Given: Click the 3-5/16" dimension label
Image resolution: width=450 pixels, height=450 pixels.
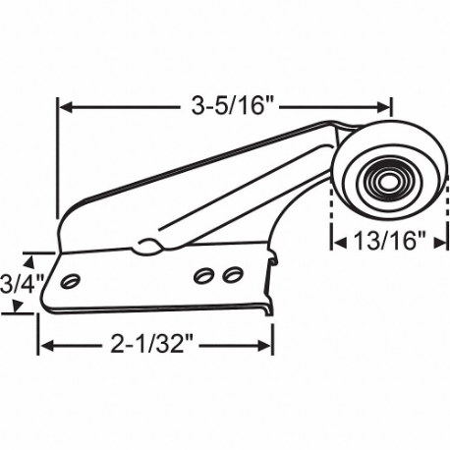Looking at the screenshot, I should [x=224, y=102].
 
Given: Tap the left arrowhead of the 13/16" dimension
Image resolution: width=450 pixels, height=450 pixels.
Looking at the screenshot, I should [x=336, y=238].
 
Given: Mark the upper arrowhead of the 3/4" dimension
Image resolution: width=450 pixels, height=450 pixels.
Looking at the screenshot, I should [x=38, y=258].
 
